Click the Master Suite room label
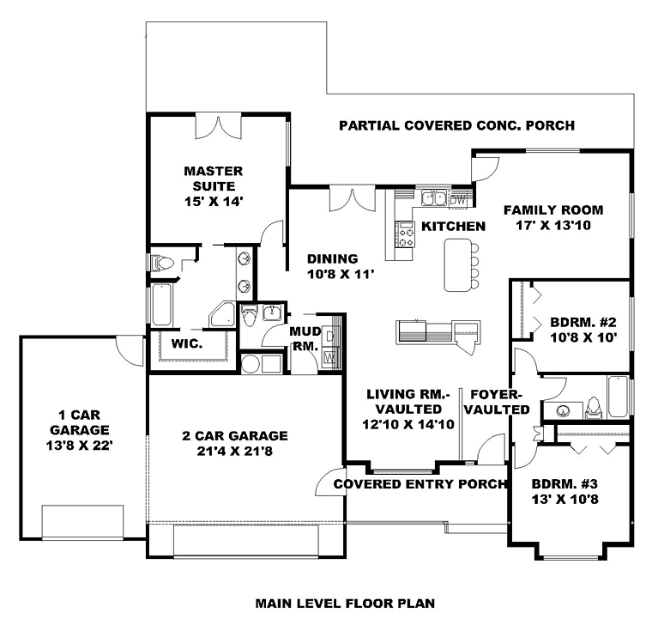[x=214, y=179]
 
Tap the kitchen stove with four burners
[x=405, y=234]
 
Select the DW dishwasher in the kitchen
[x=458, y=199]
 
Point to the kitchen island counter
[x=458, y=264]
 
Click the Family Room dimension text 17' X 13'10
[x=553, y=225]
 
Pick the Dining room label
[x=332, y=259]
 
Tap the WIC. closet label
[x=187, y=343]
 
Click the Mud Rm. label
[x=305, y=338]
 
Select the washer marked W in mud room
[x=330, y=357]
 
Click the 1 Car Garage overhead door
[x=82, y=522]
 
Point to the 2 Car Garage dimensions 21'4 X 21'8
[x=234, y=451]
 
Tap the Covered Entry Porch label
[x=420, y=483]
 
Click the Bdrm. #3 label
[x=564, y=483]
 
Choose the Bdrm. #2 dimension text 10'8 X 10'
[x=583, y=337]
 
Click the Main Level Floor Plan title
[x=345, y=604]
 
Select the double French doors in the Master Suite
[x=218, y=125]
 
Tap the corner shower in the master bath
[x=223, y=314]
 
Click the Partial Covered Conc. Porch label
[x=457, y=125]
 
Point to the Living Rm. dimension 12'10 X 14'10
[x=407, y=425]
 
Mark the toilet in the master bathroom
[x=162, y=263]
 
